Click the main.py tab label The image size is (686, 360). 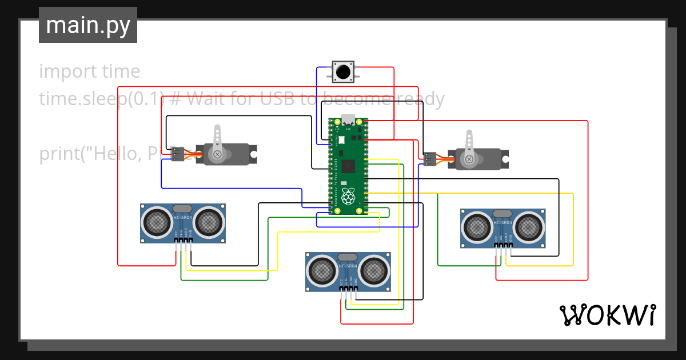87,25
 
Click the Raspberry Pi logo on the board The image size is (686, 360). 348,197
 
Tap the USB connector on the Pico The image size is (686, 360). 348,121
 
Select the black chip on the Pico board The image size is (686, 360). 349,166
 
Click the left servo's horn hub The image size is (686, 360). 217,154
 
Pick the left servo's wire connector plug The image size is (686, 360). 178,153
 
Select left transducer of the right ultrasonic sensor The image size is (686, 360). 476,227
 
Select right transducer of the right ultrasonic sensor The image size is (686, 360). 529,227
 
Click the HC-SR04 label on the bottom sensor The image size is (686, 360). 348,266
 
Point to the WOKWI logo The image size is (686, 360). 607,315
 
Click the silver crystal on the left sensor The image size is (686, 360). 183,209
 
